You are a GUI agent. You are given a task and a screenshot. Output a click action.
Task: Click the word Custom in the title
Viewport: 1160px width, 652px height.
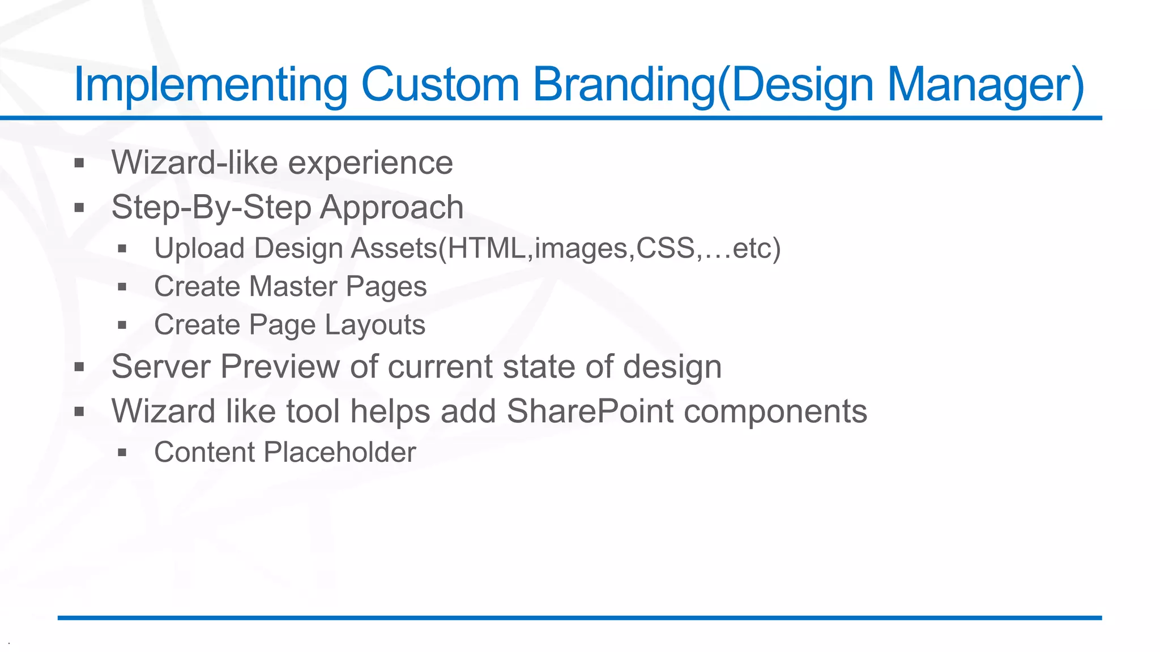pos(440,85)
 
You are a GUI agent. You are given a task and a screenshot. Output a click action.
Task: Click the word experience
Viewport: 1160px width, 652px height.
pos(370,163)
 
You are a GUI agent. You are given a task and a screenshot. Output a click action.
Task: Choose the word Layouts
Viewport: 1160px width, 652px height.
pos(375,325)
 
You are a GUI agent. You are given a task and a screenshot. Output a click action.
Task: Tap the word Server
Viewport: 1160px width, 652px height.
pos(161,366)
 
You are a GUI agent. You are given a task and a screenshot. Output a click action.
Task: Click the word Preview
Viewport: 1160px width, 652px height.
pos(280,366)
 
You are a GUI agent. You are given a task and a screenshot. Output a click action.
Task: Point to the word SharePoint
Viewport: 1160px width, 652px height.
pos(590,411)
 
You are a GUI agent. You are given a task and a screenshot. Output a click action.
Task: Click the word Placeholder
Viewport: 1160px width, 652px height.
pos(340,452)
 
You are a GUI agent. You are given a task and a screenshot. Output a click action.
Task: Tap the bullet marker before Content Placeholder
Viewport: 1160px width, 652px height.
pos(122,453)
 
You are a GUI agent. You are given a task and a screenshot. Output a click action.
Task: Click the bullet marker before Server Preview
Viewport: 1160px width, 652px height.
pos(79,367)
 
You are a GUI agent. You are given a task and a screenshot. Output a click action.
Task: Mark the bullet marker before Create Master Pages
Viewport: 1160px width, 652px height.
pos(122,287)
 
